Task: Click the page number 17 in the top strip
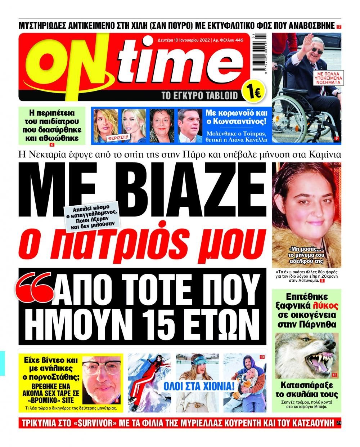[x=339, y=27]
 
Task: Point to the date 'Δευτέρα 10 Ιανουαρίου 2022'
[x=183, y=40]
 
